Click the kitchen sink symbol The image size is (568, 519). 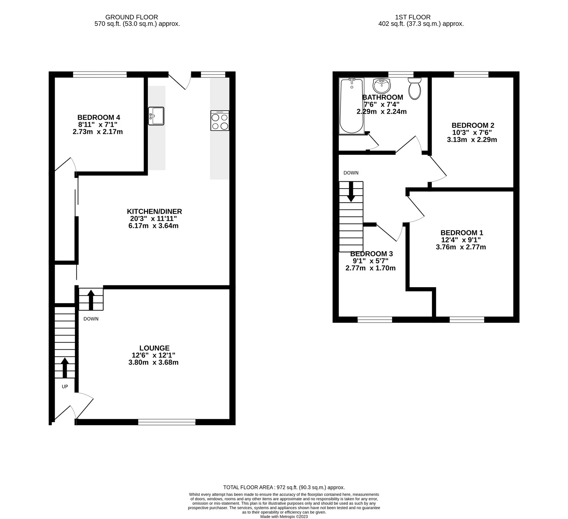click(x=156, y=116)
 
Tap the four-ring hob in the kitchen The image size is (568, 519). click(x=219, y=121)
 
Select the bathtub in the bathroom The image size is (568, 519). click(x=351, y=106)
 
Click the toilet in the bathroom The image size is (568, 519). click(x=414, y=89)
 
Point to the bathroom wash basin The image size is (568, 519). click(x=382, y=85)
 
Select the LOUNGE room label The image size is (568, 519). click(x=154, y=348)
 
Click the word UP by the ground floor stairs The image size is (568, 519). click(x=65, y=387)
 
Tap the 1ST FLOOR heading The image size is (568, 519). click(x=413, y=17)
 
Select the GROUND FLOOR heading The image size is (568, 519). click(x=132, y=17)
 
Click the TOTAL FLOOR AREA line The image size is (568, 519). click(x=284, y=488)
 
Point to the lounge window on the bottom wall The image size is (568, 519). click(x=166, y=422)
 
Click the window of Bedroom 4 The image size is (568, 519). click(x=100, y=74)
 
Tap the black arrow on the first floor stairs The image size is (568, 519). click(x=351, y=192)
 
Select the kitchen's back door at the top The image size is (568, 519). click(x=180, y=81)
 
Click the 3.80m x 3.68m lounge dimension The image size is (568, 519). click(x=154, y=362)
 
